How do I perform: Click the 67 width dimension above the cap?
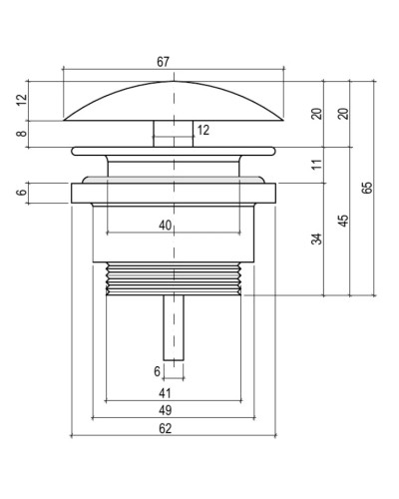[x=163, y=62]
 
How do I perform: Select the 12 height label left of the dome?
[x=22, y=100]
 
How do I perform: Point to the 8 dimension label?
[x=22, y=134]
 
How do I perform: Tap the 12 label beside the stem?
[x=203, y=130]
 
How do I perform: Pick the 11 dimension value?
[x=317, y=165]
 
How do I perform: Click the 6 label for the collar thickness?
[x=22, y=193]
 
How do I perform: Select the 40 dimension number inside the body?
[x=166, y=226]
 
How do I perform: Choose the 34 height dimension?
[x=317, y=240]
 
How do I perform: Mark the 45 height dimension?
[x=344, y=221]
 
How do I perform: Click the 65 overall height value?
[x=367, y=188]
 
